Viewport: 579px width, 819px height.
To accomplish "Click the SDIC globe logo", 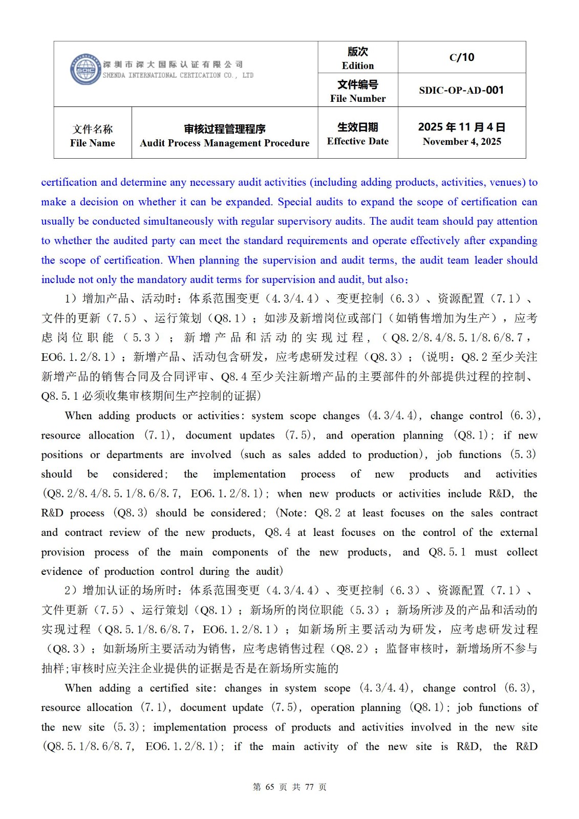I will coord(85,70).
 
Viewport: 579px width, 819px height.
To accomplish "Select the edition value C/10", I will coord(462,57).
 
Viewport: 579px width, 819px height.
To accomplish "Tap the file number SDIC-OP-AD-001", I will coord(461,90).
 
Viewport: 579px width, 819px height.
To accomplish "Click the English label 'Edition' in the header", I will coord(358,66).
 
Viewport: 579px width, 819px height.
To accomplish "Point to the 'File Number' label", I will coord(358,98).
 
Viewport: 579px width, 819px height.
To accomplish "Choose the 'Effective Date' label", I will coord(358,141).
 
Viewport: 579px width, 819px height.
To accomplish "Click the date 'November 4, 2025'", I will coord(462,142).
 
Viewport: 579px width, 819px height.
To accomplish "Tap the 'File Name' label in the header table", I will coord(93,143).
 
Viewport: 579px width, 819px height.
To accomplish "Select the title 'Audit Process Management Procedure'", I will coord(225,143).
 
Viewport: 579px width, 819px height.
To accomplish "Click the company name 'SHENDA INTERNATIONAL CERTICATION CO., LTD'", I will coord(178,75).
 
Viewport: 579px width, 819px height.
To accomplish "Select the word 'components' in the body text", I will coord(240,552).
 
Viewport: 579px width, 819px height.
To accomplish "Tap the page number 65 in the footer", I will coord(270,787).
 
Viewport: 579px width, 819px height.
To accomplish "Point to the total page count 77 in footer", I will coord(309,787).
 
